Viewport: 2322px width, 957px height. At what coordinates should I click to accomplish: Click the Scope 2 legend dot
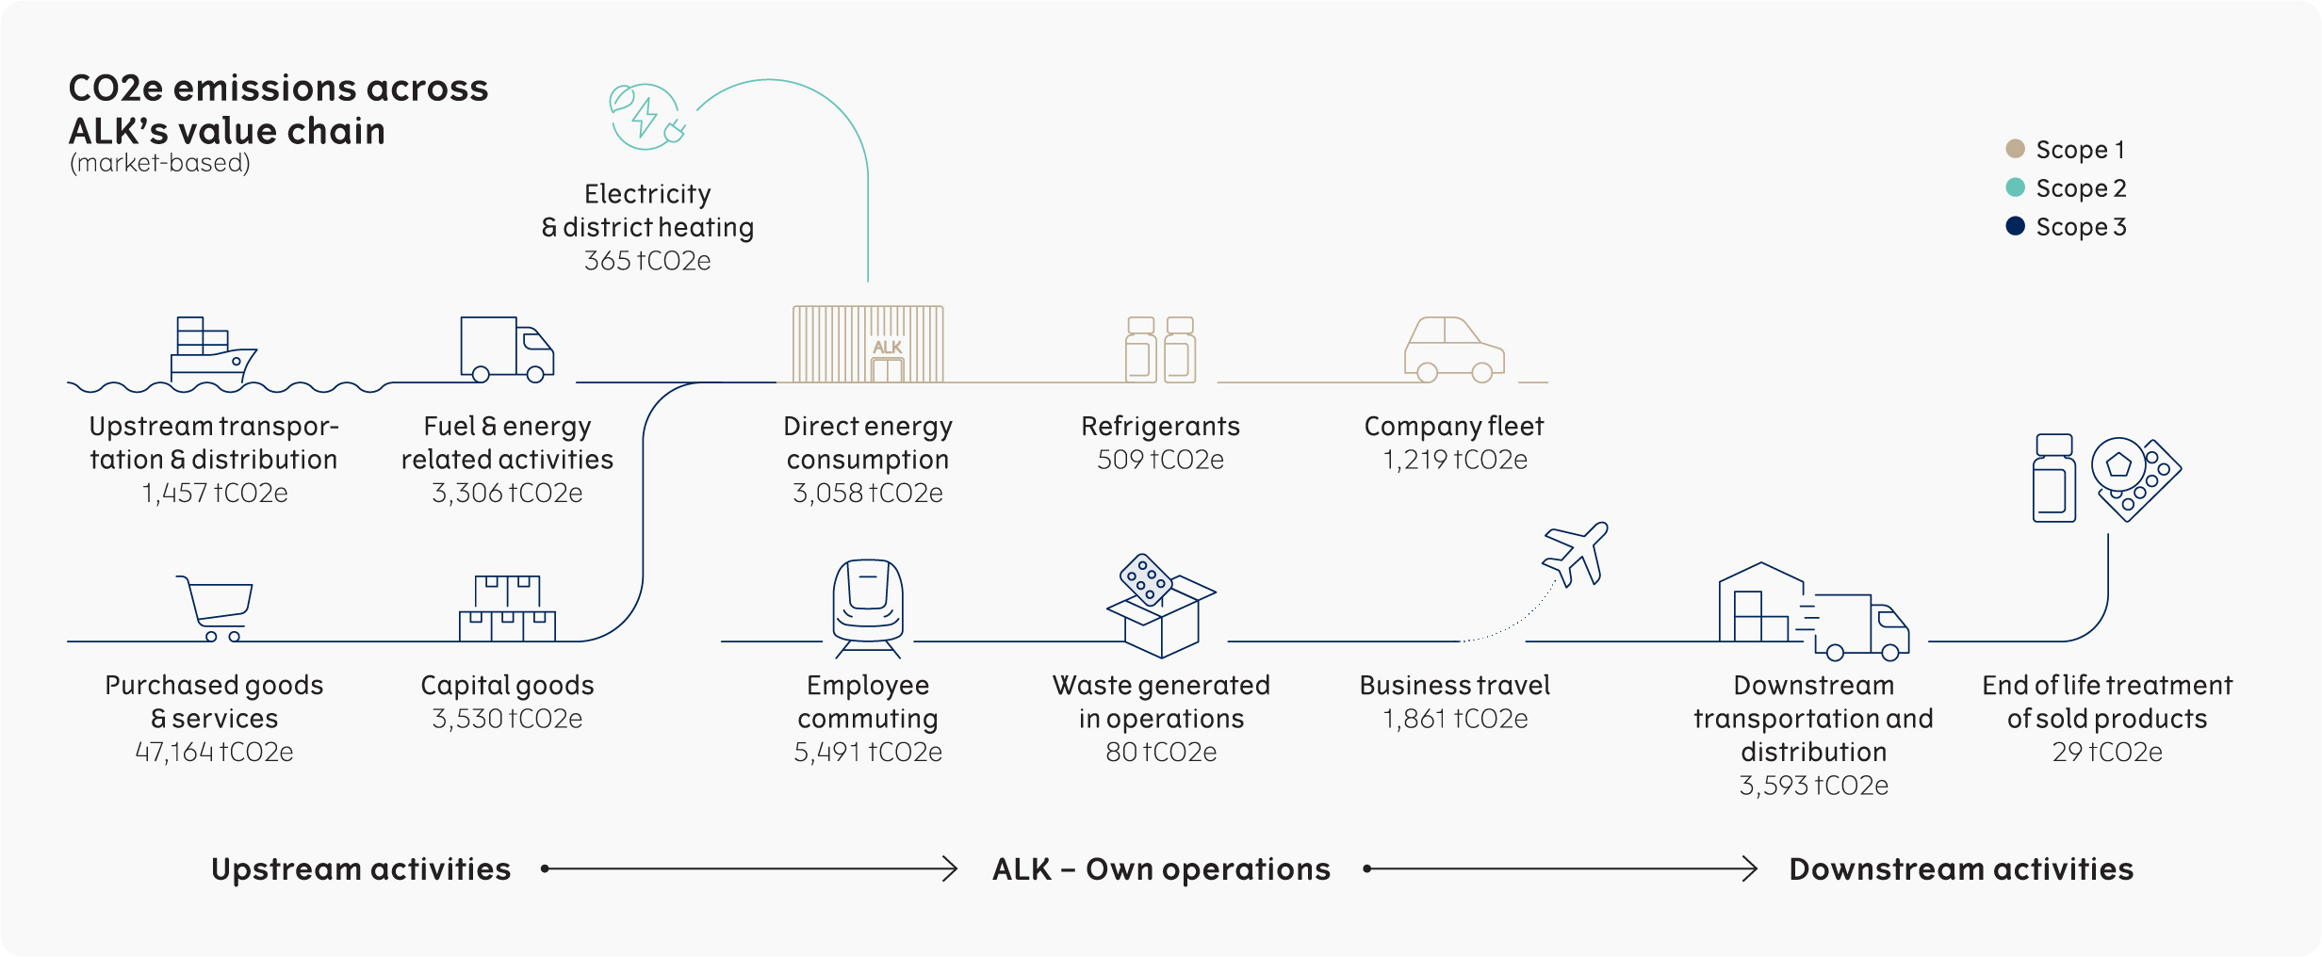pyautogui.click(x=2015, y=187)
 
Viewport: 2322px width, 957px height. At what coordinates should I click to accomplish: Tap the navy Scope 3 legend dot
pyautogui.click(x=2015, y=226)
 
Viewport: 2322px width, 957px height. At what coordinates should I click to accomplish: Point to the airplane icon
pyautogui.click(x=1576, y=553)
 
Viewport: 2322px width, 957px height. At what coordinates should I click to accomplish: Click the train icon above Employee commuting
pyautogui.click(x=867, y=606)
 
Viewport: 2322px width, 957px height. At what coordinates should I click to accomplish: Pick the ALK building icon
pyautogui.click(x=868, y=344)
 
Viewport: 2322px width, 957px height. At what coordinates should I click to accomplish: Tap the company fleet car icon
pyautogui.click(x=1454, y=349)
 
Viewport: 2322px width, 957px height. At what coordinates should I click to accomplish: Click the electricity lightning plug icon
pyautogui.click(x=646, y=117)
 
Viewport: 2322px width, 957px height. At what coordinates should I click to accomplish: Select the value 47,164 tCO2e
pyautogui.click(x=214, y=752)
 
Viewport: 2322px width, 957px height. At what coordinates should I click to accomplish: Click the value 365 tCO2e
pyautogui.click(x=647, y=261)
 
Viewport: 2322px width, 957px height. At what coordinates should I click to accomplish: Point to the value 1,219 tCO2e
pyautogui.click(x=1454, y=460)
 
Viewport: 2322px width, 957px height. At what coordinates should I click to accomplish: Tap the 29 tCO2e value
pyautogui.click(x=2107, y=752)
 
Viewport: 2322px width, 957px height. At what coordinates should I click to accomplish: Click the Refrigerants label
pyautogui.click(x=1160, y=427)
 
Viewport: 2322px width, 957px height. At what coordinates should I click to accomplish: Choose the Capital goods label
pyautogui.click(x=507, y=686)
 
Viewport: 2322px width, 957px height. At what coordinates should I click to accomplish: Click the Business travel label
pyautogui.click(x=1454, y=686)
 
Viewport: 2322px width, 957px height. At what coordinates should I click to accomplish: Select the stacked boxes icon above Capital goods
pyautogui.click(x=507, y=608)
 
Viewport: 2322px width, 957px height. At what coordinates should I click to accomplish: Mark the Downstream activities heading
pyautogui.click(x=1961, y=868)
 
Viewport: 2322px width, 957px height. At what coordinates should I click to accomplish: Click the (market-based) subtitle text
pyautogui.click(x=160, y=163)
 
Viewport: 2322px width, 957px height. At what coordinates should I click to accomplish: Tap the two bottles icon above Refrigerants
pyautogui.click(x=1160, y=349)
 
